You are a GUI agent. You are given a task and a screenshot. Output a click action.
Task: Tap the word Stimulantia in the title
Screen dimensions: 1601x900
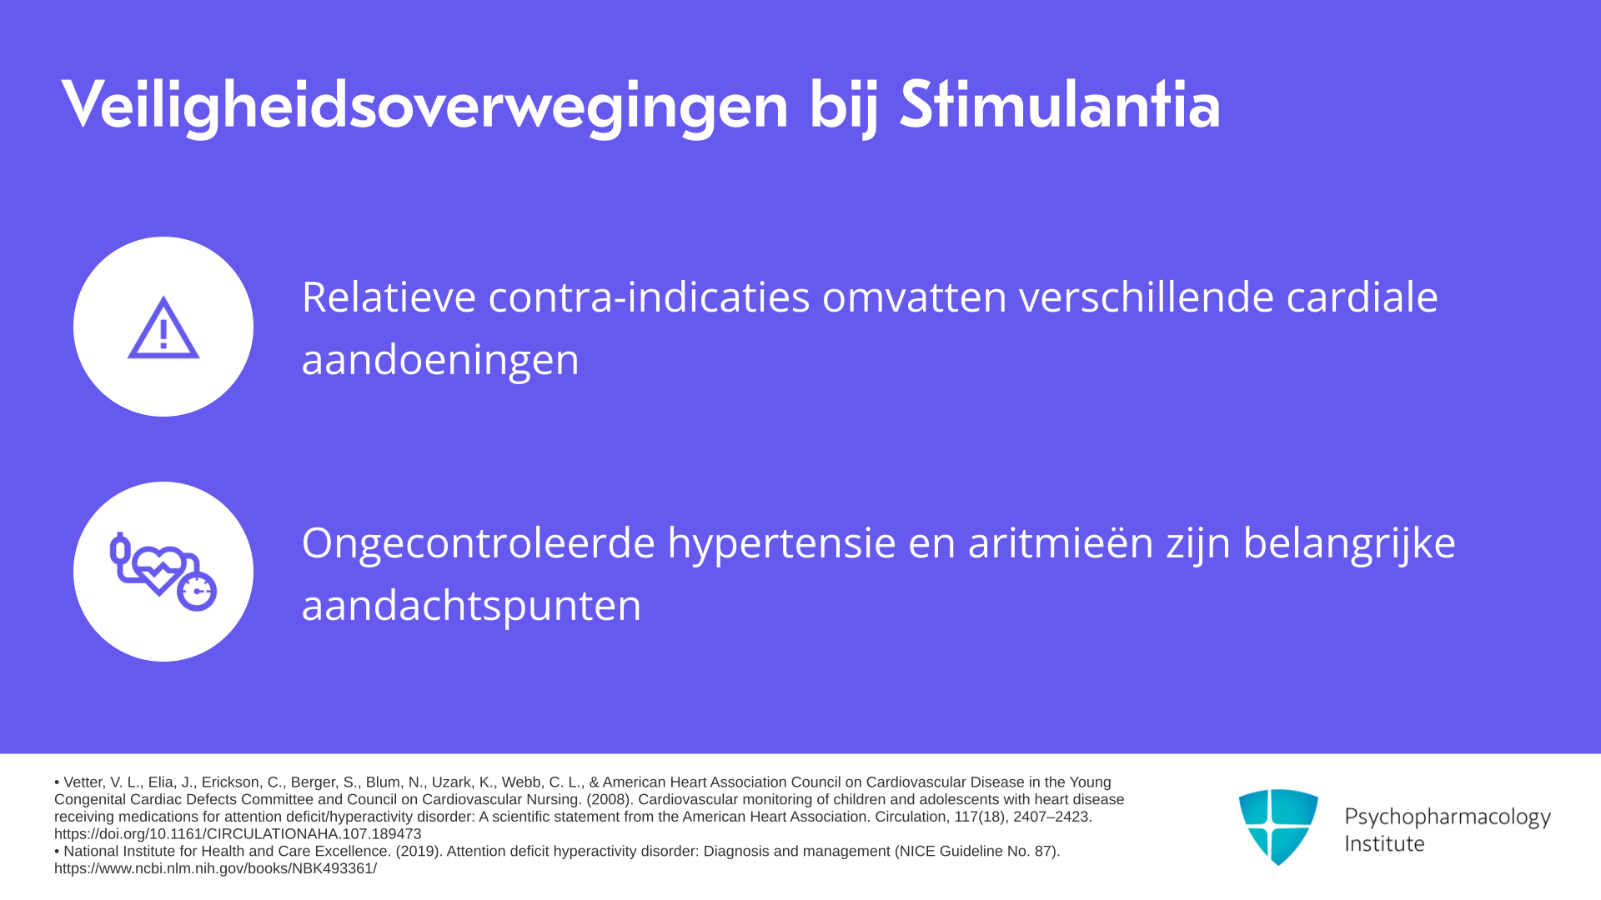coord(1060,104)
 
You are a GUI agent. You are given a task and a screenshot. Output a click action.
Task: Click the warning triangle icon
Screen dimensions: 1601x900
coord(163,327)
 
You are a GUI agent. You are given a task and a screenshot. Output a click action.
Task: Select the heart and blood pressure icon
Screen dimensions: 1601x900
coord(163,572)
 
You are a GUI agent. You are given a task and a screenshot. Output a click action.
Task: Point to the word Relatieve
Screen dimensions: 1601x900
coord(389,297)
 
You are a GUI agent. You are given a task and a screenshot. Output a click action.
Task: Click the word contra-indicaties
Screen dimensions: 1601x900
coord(649,297)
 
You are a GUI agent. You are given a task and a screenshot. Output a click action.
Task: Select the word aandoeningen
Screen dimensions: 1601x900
coord(440,360)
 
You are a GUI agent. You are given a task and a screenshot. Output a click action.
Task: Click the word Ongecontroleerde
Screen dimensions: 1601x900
coord(479,542)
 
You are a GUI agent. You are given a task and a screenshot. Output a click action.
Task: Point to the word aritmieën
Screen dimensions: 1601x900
coord(1061,542)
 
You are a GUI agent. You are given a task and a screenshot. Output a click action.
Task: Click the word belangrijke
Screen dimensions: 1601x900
coord(1349,542)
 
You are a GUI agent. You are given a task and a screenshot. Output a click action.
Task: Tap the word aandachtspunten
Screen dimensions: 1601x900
coord(471,606)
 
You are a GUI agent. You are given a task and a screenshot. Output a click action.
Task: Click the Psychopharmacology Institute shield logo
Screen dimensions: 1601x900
coord(1278,827)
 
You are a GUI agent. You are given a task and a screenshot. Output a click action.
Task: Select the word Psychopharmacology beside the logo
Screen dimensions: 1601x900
coord(1448,817)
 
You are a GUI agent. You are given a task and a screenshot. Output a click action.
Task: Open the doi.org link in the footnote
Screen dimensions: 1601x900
coord(238,834)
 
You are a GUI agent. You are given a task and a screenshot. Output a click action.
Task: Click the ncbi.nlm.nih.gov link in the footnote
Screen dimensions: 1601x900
coord(215,868)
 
